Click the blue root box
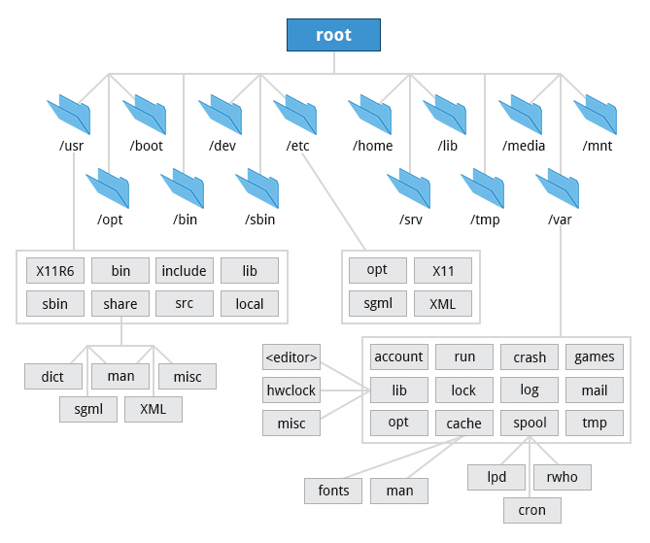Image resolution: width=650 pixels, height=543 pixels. coord(333,35)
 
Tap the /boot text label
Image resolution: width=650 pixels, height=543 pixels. coord(147,146)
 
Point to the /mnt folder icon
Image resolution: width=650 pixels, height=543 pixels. coord(597,115)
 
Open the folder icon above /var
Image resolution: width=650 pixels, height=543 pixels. coord(559,187)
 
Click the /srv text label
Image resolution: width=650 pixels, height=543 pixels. coord(410,219)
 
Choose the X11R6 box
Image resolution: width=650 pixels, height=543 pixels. coord(55,271)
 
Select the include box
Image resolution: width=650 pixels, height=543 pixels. coord(185,271)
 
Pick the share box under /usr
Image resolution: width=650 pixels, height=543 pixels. coord(120,304)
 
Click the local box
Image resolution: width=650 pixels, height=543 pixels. coord(250,304)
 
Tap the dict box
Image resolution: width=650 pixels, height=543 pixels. coord(53,376)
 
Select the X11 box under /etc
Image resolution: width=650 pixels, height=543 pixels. coord(443,270)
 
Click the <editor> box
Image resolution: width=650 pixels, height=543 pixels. coord(291,356)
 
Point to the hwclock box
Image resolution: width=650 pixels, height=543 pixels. coord(291,390)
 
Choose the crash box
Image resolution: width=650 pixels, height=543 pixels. coord(530,356)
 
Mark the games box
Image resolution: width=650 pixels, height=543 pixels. coord(595,356)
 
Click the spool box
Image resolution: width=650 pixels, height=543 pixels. coord(530,424)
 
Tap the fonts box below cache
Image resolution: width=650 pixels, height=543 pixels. coord(333,491)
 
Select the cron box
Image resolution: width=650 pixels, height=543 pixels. coord(532,510)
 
